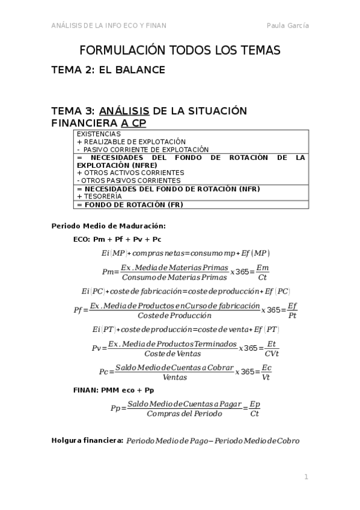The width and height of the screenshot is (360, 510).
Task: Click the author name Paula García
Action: [287, 25]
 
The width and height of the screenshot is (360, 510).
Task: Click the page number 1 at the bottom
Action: [306, 477]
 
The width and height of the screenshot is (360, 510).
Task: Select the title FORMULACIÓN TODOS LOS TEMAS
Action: [180, 51]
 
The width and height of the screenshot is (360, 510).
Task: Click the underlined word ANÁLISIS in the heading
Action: [124, 111]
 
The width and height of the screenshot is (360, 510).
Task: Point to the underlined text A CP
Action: [133, 123]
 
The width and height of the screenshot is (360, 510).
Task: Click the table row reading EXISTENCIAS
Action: [95, 134]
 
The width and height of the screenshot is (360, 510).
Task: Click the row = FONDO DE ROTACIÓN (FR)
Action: [130, 204]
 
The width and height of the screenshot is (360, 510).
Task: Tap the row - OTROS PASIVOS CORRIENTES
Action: [129, 180]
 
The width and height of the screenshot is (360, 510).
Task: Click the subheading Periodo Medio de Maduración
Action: [109, 226]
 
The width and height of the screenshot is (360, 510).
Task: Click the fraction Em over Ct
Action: [262, 272]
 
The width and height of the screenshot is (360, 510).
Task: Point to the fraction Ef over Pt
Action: [291, 310]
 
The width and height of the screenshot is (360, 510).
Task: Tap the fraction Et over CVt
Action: [271, 348]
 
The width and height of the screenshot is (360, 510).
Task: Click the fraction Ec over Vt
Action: [266, 373]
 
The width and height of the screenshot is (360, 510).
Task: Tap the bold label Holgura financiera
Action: [87, 441]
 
